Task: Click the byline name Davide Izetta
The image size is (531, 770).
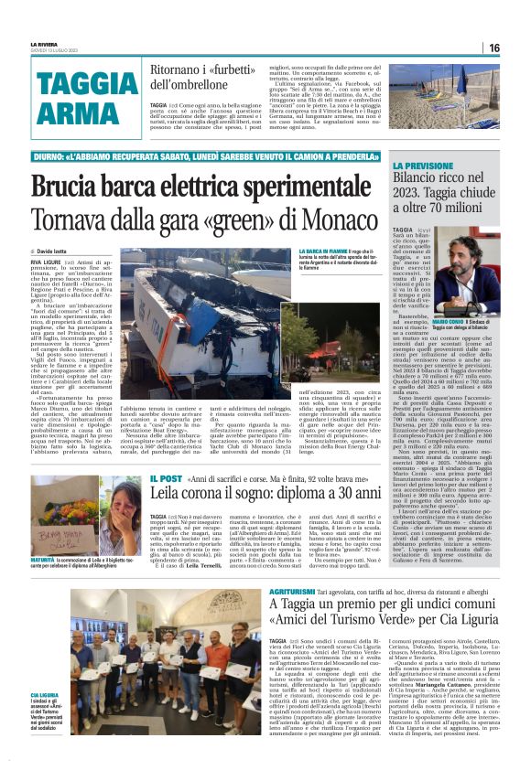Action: coord(58,251)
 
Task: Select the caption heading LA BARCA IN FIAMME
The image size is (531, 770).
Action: coord(320,251)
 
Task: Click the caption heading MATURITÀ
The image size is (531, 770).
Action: coord(44,560)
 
